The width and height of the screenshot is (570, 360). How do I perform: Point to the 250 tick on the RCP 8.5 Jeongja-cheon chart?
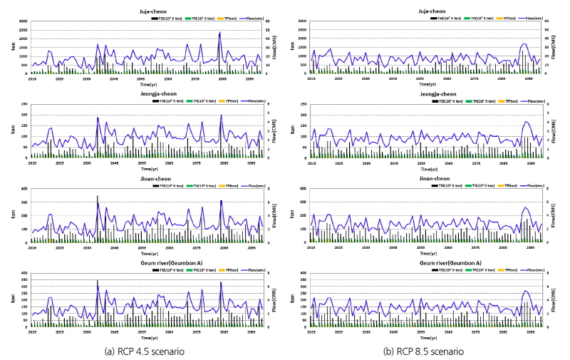[x=303, y=106]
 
